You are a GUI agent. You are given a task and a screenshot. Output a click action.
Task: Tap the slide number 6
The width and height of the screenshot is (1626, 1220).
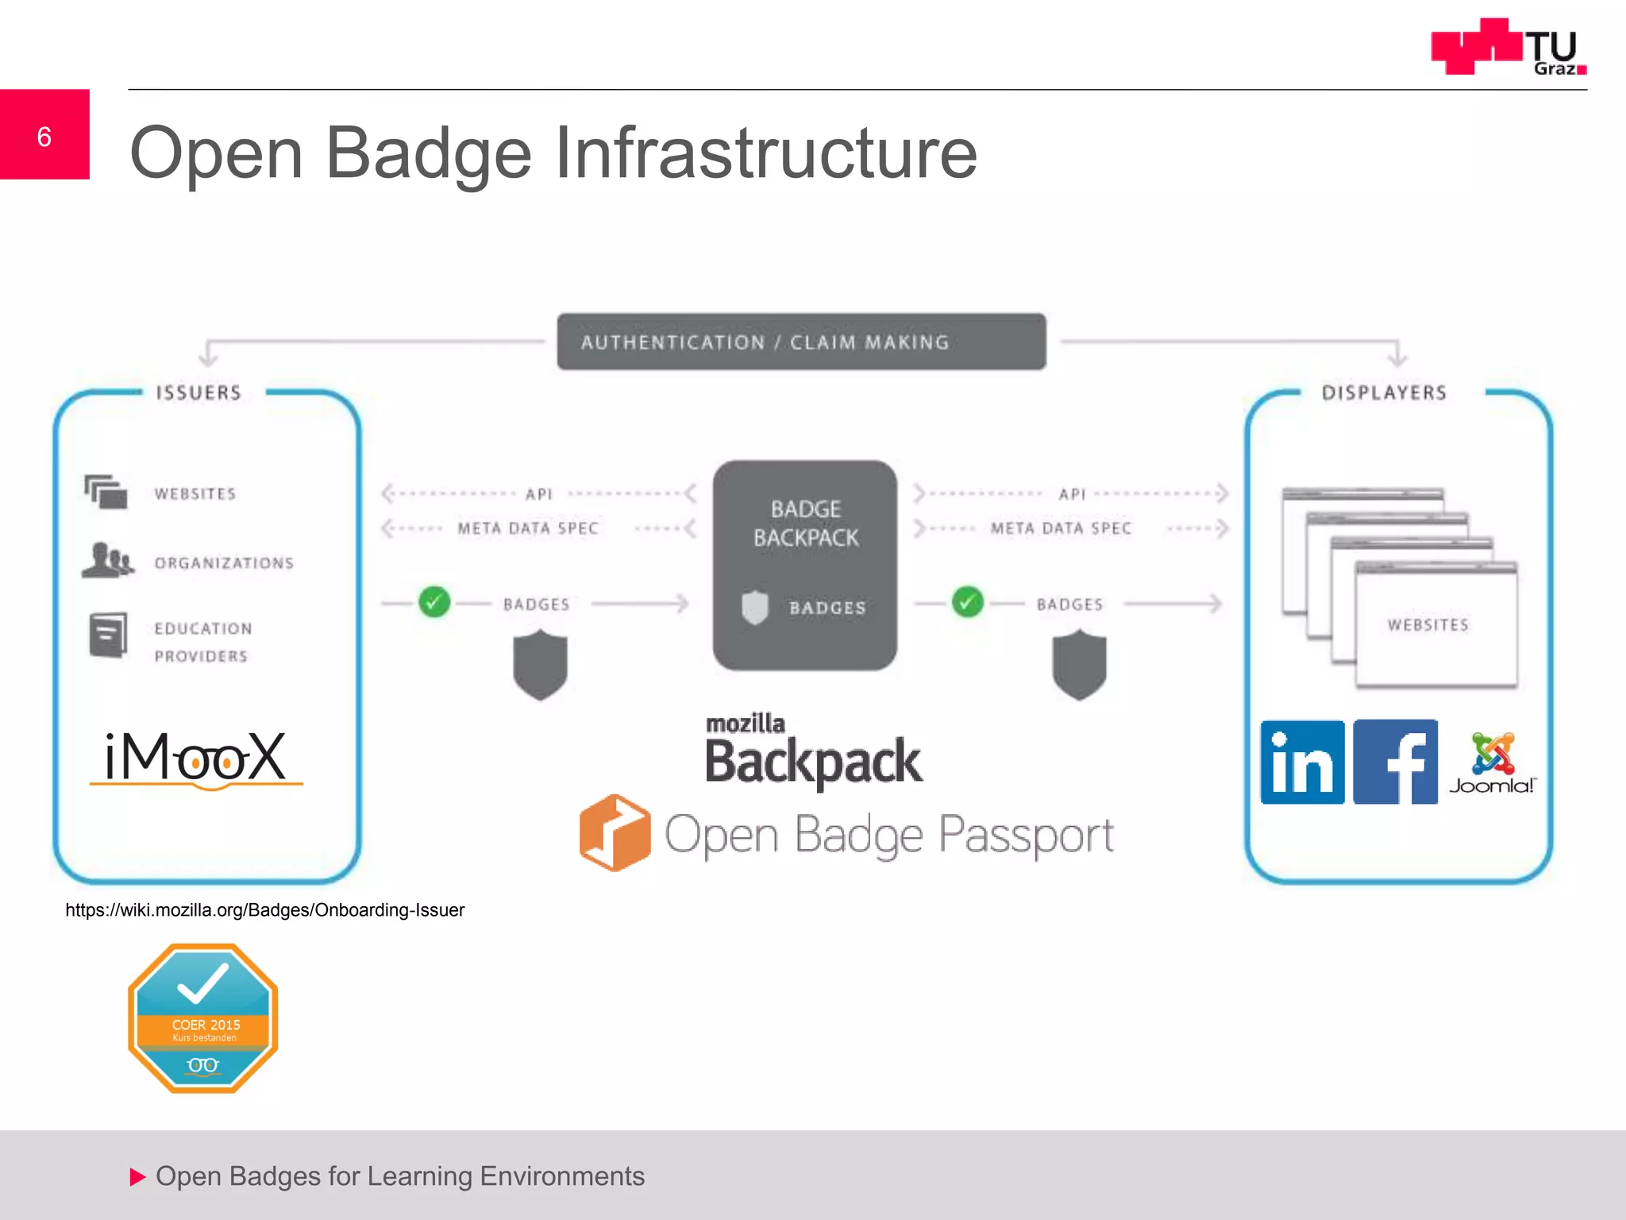[44, 137]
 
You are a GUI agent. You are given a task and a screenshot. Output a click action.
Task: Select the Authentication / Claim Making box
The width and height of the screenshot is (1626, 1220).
[801, 342]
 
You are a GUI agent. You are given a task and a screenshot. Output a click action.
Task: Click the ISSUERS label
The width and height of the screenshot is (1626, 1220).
[198, 392]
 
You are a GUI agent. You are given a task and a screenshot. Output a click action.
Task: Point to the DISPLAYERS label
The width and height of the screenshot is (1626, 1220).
[1384, 392]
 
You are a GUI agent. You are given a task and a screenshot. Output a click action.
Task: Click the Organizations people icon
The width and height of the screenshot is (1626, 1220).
[107, 560]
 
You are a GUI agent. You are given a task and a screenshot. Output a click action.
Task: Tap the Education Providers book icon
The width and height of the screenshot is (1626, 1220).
[108, 635]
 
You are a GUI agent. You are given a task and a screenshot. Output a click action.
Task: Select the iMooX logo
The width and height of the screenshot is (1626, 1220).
[196, 758]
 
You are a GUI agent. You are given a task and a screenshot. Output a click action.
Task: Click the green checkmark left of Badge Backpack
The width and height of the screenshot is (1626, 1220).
[434, 602]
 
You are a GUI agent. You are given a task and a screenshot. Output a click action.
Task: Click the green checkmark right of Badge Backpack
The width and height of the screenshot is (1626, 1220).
[967, 602]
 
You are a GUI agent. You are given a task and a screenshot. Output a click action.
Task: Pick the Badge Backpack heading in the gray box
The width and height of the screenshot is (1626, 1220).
[805, 523]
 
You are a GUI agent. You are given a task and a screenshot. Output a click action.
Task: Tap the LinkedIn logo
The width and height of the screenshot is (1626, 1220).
[1302, 762]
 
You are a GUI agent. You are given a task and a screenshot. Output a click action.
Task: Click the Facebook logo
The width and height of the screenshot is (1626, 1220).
[1395, 762]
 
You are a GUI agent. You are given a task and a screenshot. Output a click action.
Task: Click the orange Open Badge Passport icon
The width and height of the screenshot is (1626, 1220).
[615, 832]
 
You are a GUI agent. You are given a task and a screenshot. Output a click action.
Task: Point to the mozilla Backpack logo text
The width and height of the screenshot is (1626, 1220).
[812, 751]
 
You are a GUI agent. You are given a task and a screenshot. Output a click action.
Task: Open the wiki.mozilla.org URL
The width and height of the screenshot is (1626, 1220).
[264, 910]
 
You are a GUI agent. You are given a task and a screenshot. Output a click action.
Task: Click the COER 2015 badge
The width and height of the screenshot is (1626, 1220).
[203, 1018]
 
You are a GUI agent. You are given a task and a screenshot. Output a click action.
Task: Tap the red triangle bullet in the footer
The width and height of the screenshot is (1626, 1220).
[137, 1176]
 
